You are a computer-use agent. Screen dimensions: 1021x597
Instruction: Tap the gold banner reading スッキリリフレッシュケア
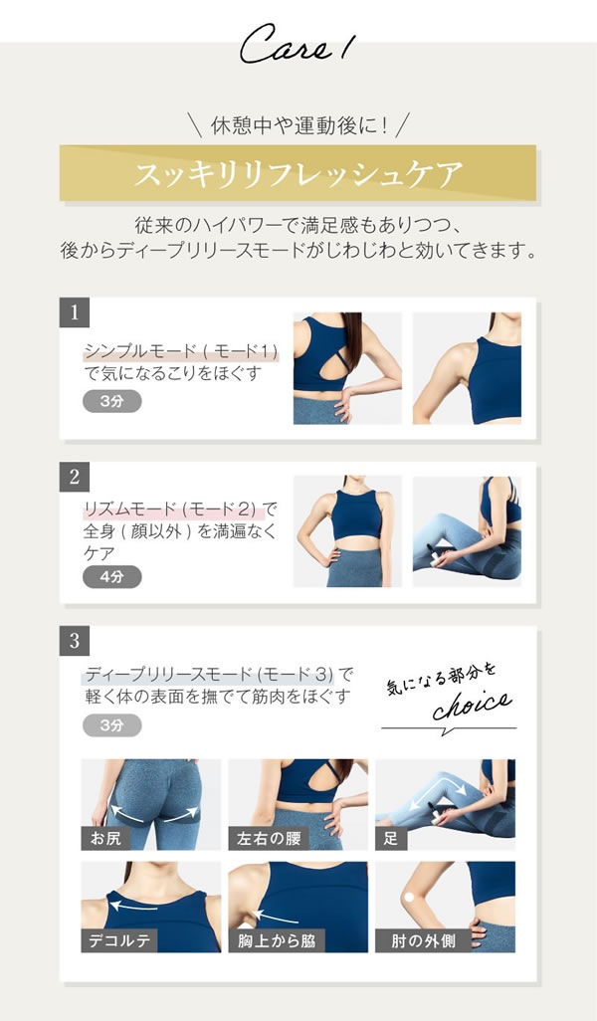point(298,175)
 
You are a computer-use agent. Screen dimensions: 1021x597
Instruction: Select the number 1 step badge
point(75,312)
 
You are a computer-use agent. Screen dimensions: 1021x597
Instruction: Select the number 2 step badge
point(75,477)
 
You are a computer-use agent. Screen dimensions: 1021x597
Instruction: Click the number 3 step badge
point(75,641)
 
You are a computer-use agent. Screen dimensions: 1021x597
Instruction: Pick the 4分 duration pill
point(111,576)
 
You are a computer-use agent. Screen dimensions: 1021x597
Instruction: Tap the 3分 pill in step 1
point(111,401)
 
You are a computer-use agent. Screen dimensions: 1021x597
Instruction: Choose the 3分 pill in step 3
point(111,724)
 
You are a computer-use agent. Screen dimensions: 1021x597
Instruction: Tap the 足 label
point(390,838)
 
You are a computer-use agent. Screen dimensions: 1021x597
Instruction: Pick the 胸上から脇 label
point(276,939)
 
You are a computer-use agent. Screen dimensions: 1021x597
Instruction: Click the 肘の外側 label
point(416,939)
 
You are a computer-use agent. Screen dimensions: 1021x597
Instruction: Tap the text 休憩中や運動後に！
point(298,126)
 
